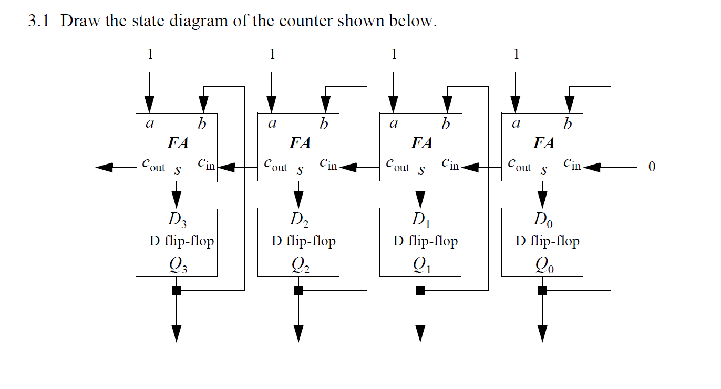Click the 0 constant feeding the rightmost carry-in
click(x=652, y=167)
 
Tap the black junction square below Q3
click(x=177, y=291)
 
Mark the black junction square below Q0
click(x=542, y=291)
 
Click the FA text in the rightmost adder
click(x=543, y=143)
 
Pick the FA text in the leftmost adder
click(x=178, y=143)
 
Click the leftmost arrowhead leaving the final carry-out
click(x=105, y=167)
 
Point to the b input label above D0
click(x=567, y=124)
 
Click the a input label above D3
click(x=150, y=125)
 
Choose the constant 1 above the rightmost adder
click(x=516, y=54)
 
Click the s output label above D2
click(x=300, y=171)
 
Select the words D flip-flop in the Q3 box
click(x=181, y=241)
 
